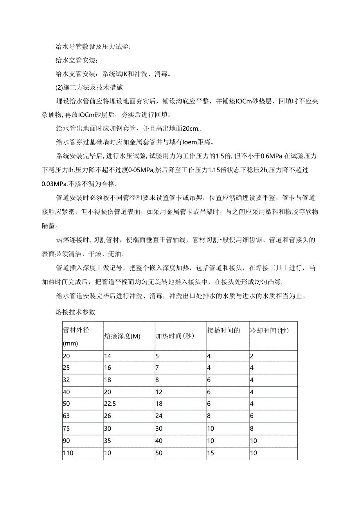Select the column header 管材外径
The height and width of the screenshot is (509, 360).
tap(76, 329)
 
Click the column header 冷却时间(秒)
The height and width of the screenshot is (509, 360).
tap(269, 331)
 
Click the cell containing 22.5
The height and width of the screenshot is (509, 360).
tap(110, 403)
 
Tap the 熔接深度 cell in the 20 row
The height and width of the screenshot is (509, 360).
tap(108, 356)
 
